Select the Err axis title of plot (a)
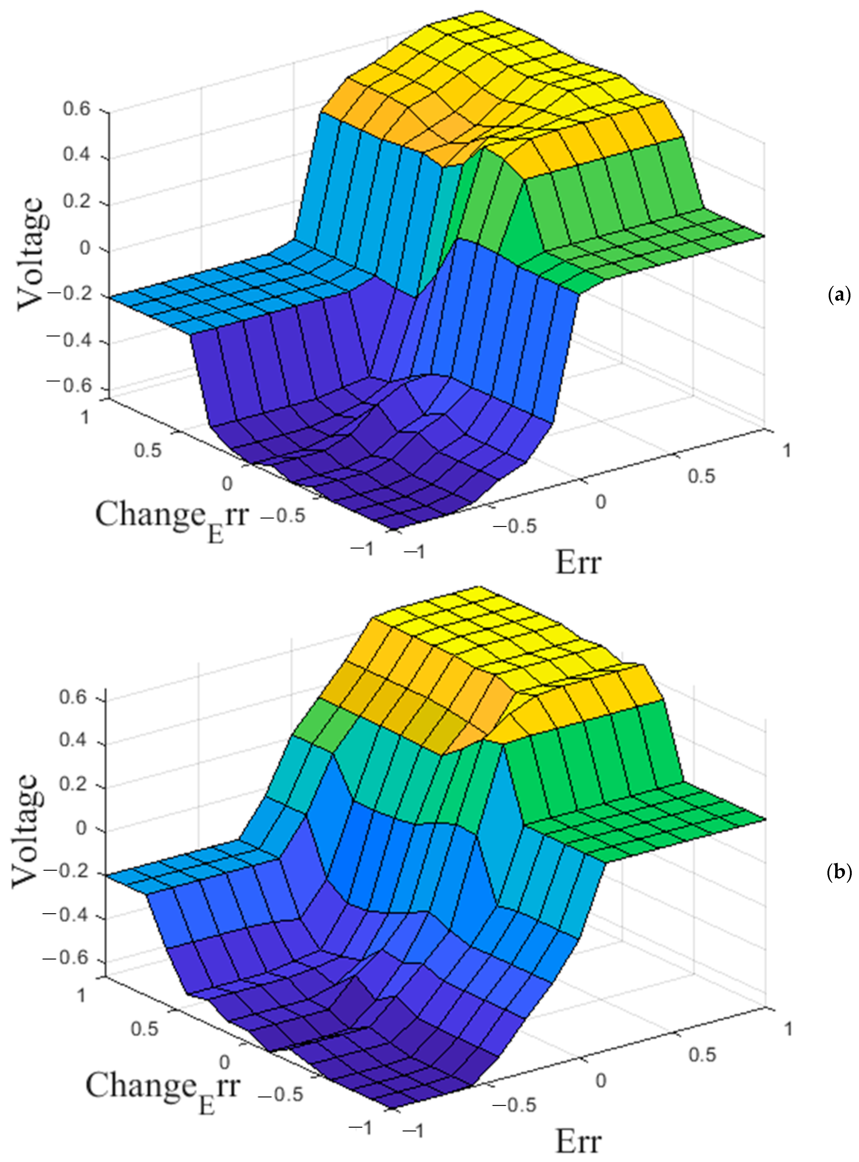578,563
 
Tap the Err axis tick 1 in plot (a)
787,450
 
